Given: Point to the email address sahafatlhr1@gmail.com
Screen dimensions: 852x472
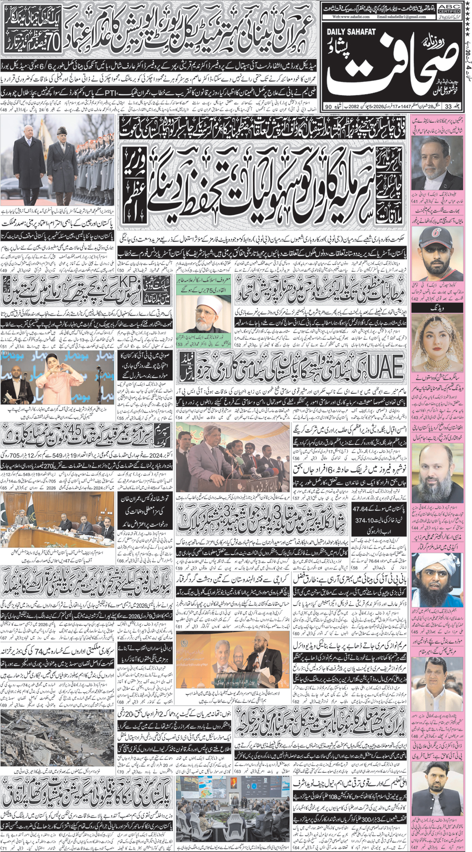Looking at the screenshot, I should (x=402, y=17).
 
